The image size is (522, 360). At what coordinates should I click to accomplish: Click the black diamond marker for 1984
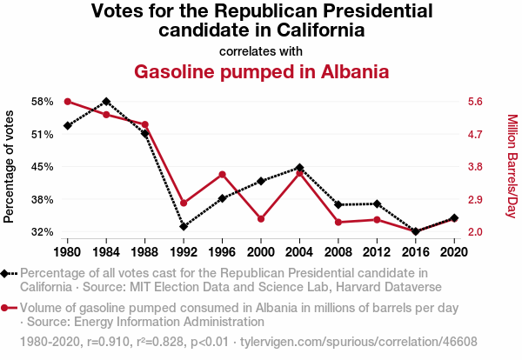coord(106,102)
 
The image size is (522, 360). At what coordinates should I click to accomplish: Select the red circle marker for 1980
coord(67,102)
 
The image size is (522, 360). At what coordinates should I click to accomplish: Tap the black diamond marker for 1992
coord(184,226)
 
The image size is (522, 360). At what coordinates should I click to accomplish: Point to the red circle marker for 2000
coord(261,218)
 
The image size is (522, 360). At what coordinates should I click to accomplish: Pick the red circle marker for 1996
coord(223,175)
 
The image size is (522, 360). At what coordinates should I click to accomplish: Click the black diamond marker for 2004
coord(299,167)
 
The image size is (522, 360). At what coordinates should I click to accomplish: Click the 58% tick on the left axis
coord(40,102)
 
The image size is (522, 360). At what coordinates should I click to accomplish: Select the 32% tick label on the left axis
coord(40,232)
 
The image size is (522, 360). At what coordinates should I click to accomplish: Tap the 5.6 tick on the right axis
coord(474,102)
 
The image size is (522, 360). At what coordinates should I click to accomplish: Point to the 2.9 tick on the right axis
coord(474,200)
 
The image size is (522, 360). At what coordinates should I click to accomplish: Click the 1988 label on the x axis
coord(144,252)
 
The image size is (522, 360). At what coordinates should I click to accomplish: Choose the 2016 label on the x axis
coord(416,252)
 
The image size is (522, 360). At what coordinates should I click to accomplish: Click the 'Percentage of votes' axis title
coord(10,167)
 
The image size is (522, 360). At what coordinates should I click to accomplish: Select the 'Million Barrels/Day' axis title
coord(512,167)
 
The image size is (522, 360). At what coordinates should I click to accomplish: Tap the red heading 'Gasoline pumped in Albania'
coord(261,71)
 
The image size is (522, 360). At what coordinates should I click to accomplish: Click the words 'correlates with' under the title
coord(261,50)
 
